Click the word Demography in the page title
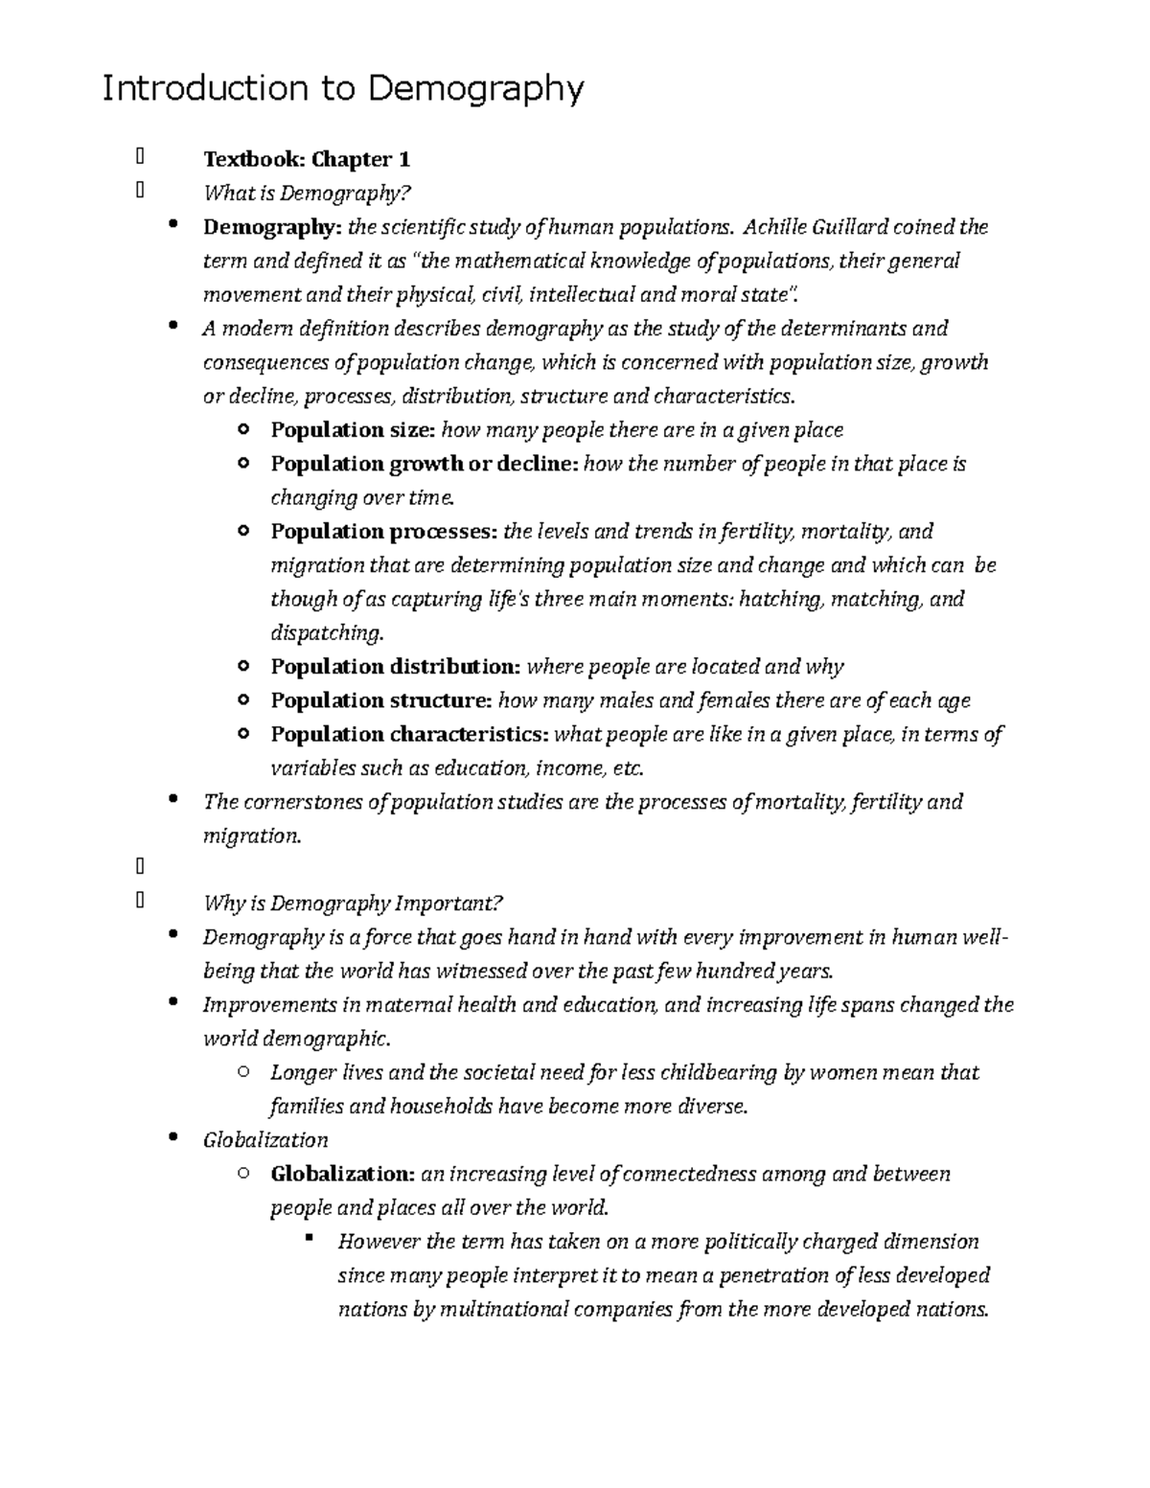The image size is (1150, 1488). (475, 90)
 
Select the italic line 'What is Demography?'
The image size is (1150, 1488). (307, 194)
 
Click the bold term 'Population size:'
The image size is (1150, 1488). (353, 430)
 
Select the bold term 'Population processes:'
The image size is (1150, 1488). (384, 532)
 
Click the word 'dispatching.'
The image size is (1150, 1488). (327, 633)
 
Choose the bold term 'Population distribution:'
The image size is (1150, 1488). (396, 667)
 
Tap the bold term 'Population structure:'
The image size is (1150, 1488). (381, 700)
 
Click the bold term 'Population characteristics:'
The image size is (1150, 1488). (410, 735)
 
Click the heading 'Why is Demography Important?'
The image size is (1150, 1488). (353, 904)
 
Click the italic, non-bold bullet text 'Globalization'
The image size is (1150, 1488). (265, 1140)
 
